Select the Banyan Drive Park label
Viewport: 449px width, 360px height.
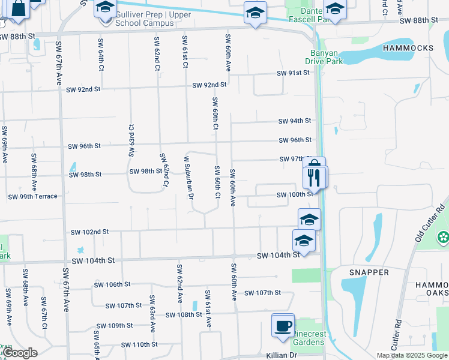pos(327,56)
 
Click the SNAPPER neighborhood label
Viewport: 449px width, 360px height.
pos(369,272)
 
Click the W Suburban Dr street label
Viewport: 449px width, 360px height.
pos(186,176)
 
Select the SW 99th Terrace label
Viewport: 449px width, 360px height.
pos(32,197)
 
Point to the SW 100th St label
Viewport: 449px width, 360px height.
pos(295,195)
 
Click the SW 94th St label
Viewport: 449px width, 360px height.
pos(295,121)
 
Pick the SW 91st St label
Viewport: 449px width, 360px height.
pos(292,73)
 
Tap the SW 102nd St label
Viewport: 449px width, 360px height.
pos(89,232)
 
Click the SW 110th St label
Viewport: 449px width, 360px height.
pos(139,344)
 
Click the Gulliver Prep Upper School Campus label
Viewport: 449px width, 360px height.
pos(145,19)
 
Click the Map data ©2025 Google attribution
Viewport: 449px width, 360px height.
pos(412,355)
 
